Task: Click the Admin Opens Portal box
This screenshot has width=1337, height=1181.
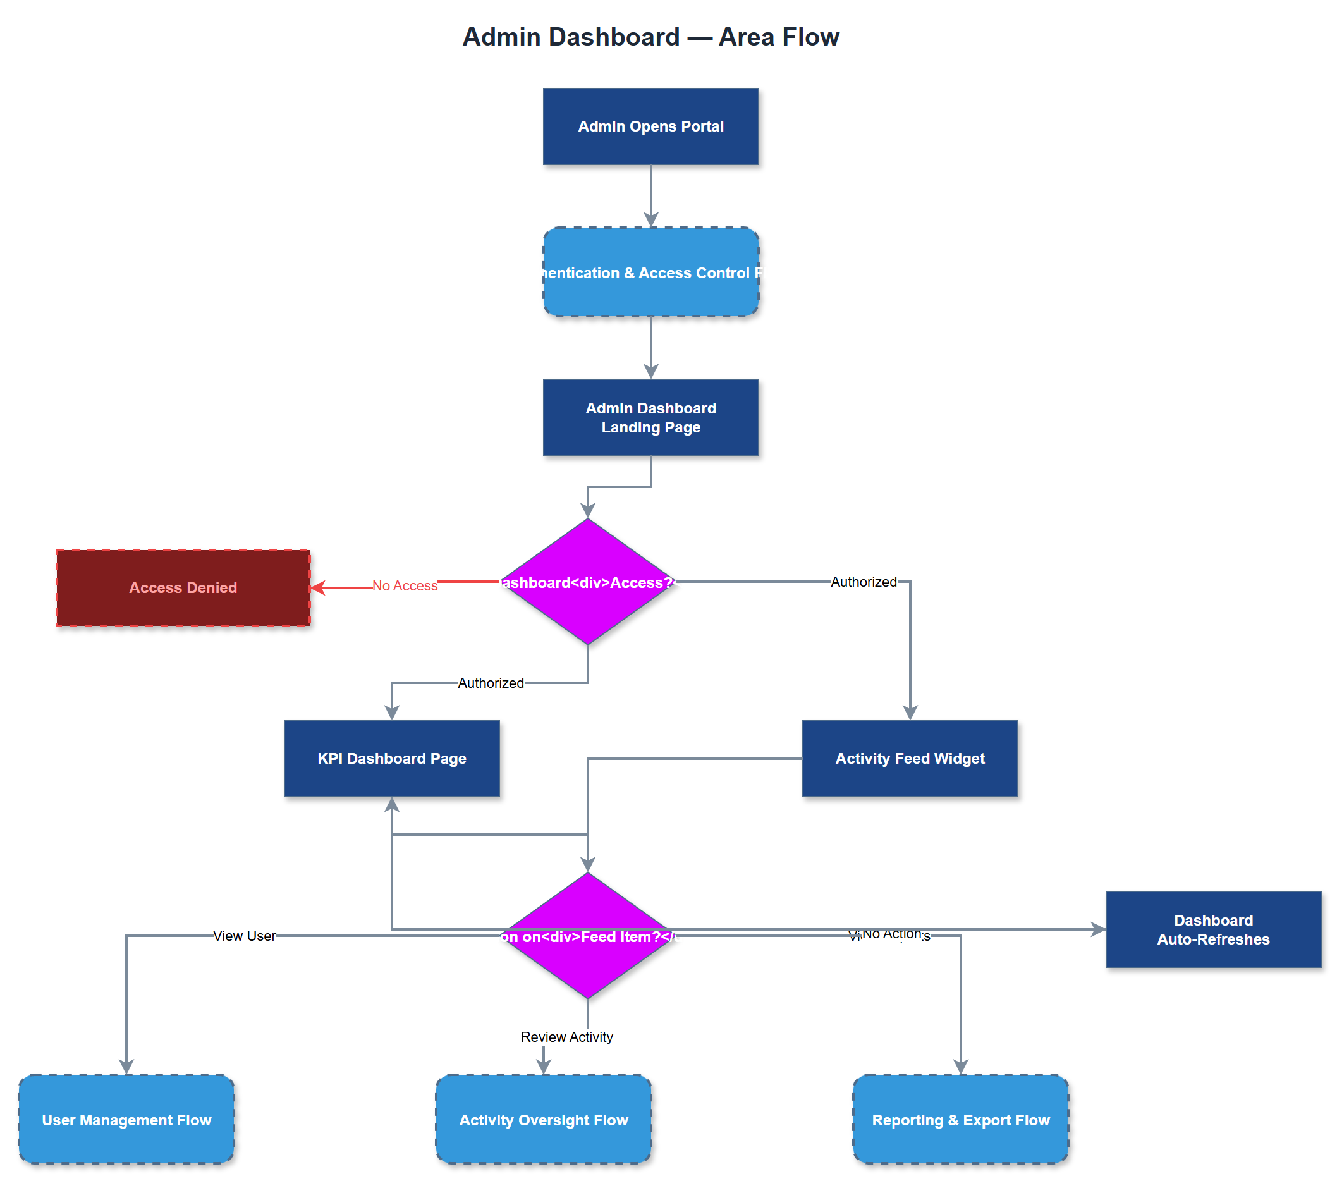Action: pyautogui.click(x=650, y=126)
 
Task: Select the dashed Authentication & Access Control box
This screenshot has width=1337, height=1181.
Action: pyautogui.click(x=650, y=272)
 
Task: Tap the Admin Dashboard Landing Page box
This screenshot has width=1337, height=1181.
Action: pyautogui.click(x=650, y=417)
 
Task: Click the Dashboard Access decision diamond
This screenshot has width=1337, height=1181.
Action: pyautogui.click(x=587, y=582)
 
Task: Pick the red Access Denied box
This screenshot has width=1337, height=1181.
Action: pyautogui.click(x=183, y=587)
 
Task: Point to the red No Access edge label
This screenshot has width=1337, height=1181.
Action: pyautogui.click(x=405, y=585)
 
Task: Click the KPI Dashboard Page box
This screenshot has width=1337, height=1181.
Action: pyautogui.click(x=391, y=758)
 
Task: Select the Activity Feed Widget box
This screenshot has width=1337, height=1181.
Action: pyautogui.click(x=909, y=758)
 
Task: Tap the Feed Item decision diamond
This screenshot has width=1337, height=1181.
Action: pyautogui.click(x=587, y=936)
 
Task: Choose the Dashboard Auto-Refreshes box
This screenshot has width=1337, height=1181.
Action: pyautogui.click(x=1212, y=929)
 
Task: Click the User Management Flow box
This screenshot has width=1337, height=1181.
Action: pyautogui.click(x=126, y=1120)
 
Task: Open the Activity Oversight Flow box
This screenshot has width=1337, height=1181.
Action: pyautogui.click(x=543, y=1120)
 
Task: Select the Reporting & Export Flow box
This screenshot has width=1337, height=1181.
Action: pyautogui.click(x=960, y=1120)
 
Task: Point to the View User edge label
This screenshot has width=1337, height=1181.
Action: pyautogui.click(x=244, y=936)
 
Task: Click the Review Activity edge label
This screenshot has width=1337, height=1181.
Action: pyautogui.click(x=566, y=1037)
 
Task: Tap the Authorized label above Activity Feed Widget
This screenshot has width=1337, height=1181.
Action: pyautogui.click(x=864, y=582)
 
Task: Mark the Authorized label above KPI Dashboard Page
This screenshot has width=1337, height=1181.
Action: pyautogui.click(x=491, y=683)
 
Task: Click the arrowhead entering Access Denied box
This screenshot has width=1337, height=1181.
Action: pyautogui.click(x=317, y=587)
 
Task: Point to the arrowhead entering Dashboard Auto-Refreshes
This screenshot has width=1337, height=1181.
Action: pyautogui.click(x=1098, y=929)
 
